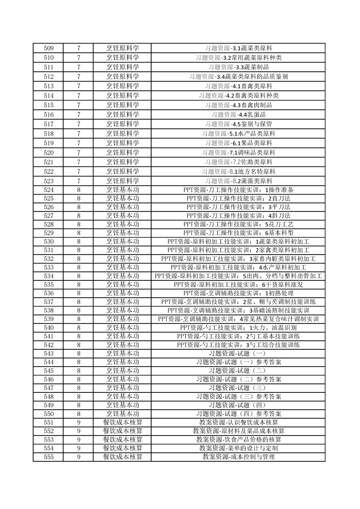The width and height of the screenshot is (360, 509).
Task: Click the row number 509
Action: pyautogui.click(x=48, y=48)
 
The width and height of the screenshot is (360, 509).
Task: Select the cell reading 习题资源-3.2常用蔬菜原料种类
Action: pyautogui.click(x=238, y=58)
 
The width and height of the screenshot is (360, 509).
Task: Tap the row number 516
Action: pyautogui.click(x=48, y=115)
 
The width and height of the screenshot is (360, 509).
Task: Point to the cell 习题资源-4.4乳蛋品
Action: pyautogui.click(x=238, y=115)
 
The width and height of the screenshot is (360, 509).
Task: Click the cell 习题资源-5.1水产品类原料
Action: pyautogui.click(x=238, y=134)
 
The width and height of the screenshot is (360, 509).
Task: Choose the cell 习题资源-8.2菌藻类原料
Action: pyautogui.click(x=238, y=181)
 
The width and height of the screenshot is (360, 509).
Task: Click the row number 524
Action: pyautogui.click(x=48, y=190)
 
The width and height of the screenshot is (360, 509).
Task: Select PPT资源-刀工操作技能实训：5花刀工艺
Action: pyautogui.click(x=238, y=224)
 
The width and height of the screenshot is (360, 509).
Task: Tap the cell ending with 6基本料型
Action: pyautogui.click(x=238, y=233)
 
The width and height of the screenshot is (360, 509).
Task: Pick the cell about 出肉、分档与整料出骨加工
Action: pyautogui.click(x=238, y=276)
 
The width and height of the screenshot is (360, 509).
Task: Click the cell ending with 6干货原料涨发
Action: pyautogui.click(x=238, y=284)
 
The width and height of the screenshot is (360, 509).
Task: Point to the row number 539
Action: pyautogui.click(x=48, y=319)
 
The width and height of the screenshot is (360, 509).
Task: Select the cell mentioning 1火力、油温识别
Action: pyautogui.click(x=238, y=328)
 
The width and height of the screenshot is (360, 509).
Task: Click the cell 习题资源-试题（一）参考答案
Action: pyautogui.click(x=238, y=362)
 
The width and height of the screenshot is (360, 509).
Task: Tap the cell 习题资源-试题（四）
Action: pyautogui.click(x=238, y=405)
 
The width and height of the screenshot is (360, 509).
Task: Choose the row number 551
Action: pyautogui.click(x=48, y=422)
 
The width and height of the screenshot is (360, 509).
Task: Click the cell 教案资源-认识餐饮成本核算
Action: pyautogui.click(x=238, y=422)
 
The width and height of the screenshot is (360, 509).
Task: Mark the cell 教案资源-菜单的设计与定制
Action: pyautogui.click(x=238, y=448)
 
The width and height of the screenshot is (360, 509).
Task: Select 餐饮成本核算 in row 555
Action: pyautogui.click(x=123, y=457)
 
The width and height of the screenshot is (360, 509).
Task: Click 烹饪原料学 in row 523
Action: pyautogui.click(x=123, y=181)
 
